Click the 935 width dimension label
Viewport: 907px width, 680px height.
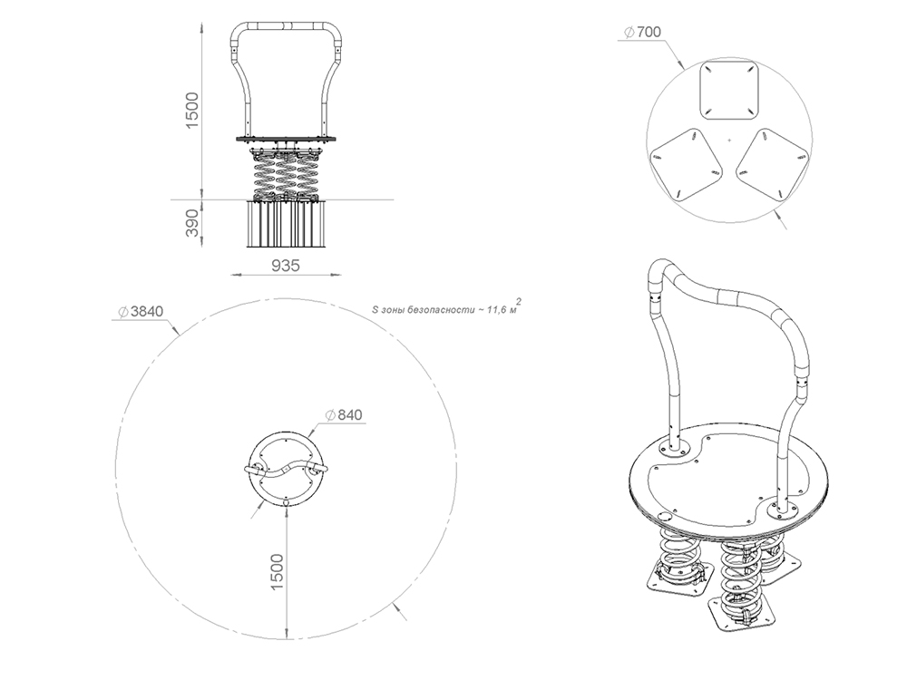(x=286, y=266)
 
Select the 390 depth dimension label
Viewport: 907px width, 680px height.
(x=191, y=223)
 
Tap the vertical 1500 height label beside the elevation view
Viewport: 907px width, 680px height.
(x=191, y=110)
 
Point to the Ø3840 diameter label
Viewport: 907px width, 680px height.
(x=141, y=311)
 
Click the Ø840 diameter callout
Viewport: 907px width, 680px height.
(x=344, y=414)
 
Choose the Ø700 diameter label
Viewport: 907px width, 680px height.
(x=643, y=32)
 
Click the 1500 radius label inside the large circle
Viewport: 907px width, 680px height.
(x=277, y=572)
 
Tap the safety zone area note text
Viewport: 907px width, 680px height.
(x=446, y=307)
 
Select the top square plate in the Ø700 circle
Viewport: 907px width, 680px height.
(x=729, y=90)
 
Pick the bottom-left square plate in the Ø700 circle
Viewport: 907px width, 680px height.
(x=687, y=164)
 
